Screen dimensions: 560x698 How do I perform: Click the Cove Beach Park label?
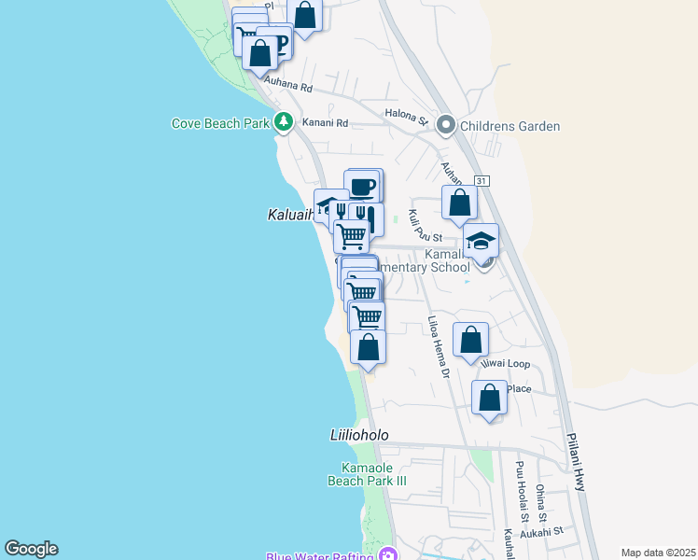pos(220,123)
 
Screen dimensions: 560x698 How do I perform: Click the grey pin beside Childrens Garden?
pos(446,125)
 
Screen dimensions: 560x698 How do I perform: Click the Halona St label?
pos(405,118)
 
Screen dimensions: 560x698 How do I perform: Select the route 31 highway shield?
pos(481,180)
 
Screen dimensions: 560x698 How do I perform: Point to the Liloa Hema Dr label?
pos(439,346)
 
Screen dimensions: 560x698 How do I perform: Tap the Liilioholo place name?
pos(358,436)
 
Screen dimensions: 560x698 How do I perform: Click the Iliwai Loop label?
pos(506,364)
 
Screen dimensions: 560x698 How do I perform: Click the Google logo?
pos(31,549)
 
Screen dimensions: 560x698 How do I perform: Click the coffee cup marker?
pos(363,185)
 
